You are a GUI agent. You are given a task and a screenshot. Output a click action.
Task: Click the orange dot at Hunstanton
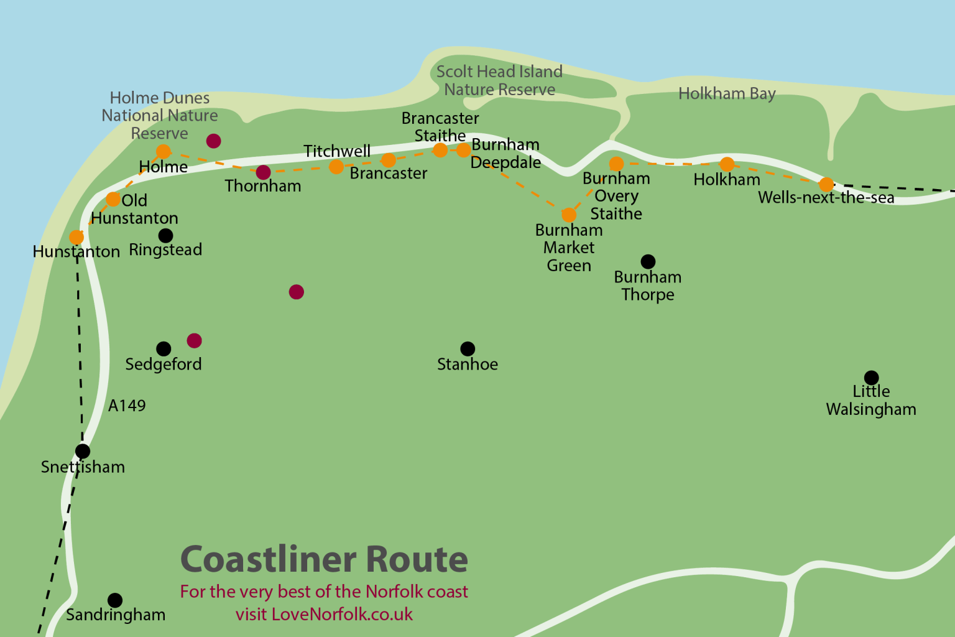pyautogui.click(x=76, y=237)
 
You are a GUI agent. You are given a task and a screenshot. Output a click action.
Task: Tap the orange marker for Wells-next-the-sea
pyautogui.click(x=826, y=184)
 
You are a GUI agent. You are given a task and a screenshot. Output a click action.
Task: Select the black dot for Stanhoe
pyautogui.click(x=468, y=349)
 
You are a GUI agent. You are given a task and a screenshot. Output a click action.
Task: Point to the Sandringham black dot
pyautogui.click(x=115, y=600)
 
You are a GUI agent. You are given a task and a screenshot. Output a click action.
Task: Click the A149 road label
pyautogui.click(x=127, y=406)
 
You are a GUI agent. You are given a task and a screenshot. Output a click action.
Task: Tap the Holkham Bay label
pyautogui.click(x=727, y=93)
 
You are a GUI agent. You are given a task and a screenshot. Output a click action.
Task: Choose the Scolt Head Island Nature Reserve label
pyautogui.click(x=499, y=80)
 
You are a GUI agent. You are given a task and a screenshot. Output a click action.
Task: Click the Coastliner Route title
pyautogui.click(x=324, y=559)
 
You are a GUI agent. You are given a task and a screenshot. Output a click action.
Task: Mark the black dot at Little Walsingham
pyautogui.click(x=871, y=378)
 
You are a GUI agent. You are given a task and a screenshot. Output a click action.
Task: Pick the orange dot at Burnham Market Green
pyautogui.click(x=569, y=215)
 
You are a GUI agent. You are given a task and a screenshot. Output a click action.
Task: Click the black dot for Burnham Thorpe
pyautogui.click(x=648, y=262)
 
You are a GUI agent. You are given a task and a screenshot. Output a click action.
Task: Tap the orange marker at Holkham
pyautogui.click(x=727, y=164)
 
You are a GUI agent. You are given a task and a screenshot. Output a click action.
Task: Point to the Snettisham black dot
pyautogui.click(x=83, y=451)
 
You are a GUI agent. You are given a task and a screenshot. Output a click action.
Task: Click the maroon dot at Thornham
pyautogui.click(x=263, y=172)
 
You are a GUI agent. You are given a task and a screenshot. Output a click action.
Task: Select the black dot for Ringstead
pyautogui.click(x=165, y=236)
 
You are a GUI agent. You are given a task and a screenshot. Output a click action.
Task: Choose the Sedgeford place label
pyautogui.click(x=164, y=364)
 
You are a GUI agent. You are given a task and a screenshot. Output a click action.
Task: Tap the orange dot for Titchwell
pyautogui.click(x=336, y=167)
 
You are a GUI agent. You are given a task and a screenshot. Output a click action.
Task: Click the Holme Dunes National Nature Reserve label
pyautogui.click(x=160, y=115)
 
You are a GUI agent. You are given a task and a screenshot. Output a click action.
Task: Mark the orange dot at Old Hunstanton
pyautogui.click(x=113, y=199)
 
